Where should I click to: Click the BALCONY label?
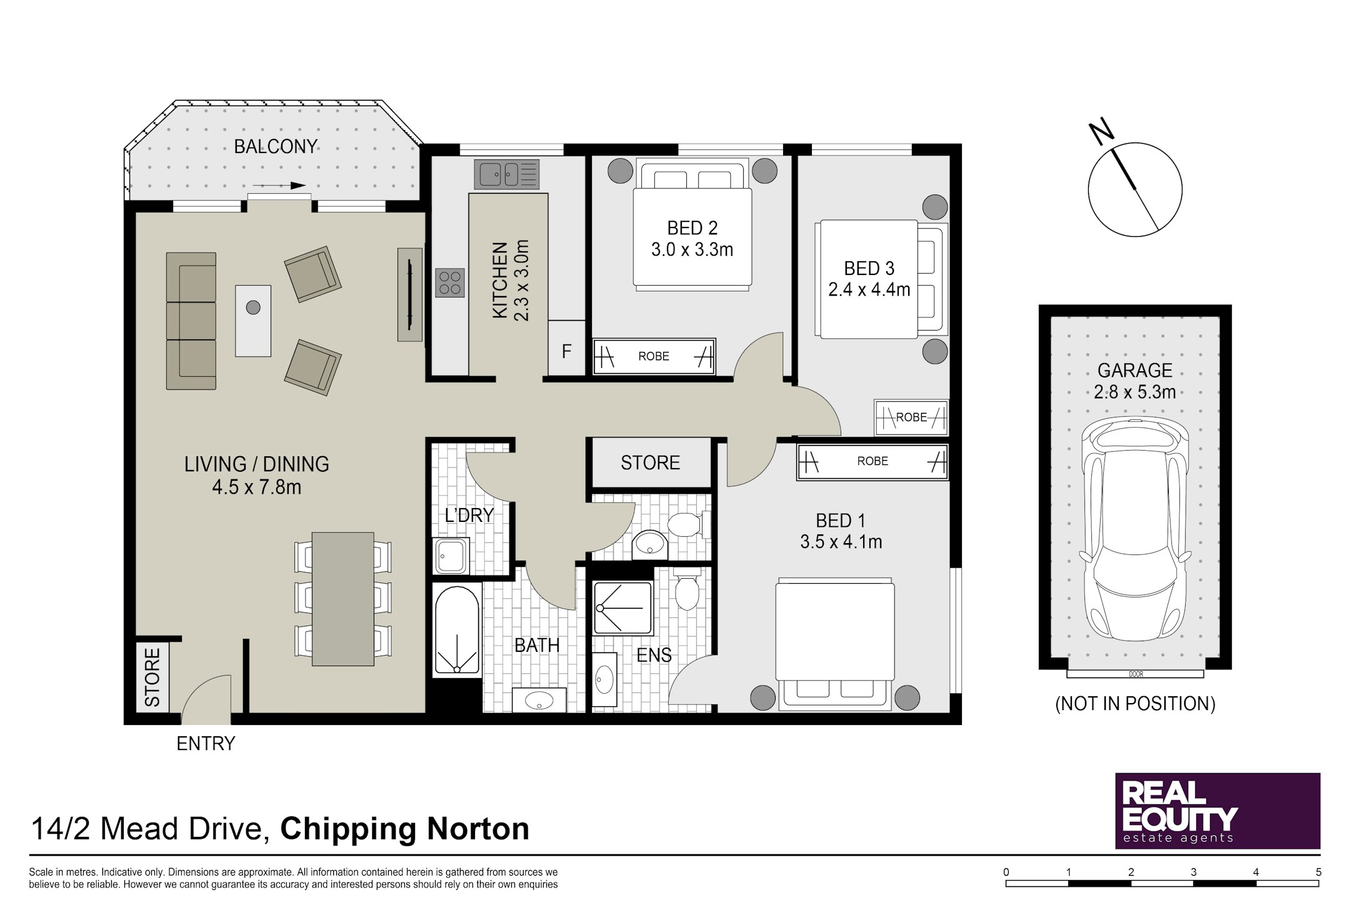[276, 146]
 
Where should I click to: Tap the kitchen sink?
[507, 174]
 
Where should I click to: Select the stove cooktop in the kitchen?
[450, 282]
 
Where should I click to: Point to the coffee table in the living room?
[253, 321]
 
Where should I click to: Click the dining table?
[342, 598]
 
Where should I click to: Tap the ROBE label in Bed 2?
[654, 356]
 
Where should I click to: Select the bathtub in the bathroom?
[457, 630]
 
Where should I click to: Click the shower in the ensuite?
[622, 607]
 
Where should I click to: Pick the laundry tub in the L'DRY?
[451, 555]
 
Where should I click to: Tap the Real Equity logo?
[1217, 811]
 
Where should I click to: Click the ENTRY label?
[206, 744]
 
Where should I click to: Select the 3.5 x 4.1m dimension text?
[841, 542]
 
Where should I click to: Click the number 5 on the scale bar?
[1319, 872]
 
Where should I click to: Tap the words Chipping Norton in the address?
[404, 829]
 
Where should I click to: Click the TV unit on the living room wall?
[410, 294]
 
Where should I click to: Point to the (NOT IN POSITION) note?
[1135, 704]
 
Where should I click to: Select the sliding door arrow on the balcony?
[279, 186]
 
